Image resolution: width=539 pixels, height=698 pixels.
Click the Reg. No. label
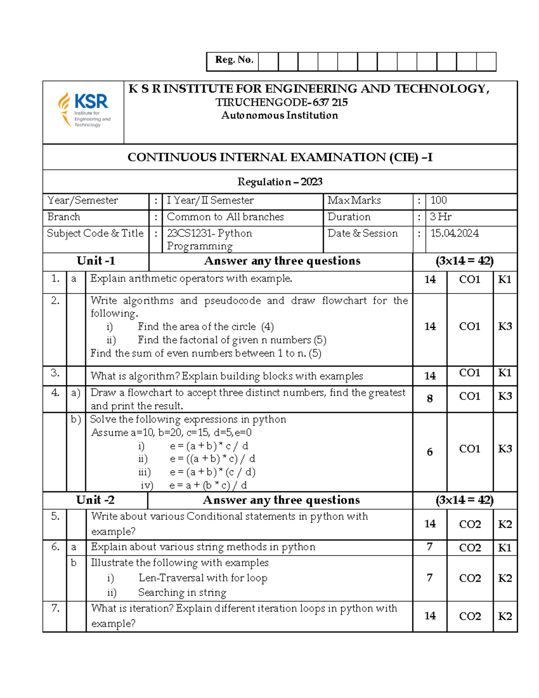234,60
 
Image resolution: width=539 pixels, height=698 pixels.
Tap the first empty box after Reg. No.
268,62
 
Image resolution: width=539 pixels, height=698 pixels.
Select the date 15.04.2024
454,233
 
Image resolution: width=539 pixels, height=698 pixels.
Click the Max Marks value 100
438,200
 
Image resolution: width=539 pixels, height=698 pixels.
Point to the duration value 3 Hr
440,217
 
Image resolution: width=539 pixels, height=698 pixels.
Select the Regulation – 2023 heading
280,182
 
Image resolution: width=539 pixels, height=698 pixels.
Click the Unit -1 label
96,261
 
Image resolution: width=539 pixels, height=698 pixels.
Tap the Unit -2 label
95,500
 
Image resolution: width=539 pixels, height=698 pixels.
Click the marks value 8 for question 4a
429,399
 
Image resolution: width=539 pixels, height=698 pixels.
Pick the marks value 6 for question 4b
429,452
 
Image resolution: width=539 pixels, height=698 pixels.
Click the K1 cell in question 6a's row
504,548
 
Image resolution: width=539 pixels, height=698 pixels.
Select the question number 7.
55,609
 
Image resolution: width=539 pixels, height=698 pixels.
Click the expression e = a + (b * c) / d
208,485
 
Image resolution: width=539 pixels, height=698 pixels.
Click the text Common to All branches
225,217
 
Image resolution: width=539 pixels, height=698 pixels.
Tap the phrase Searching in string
182,593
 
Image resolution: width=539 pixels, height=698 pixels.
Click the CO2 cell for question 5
470,525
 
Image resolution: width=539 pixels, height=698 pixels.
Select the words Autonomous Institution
279,116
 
